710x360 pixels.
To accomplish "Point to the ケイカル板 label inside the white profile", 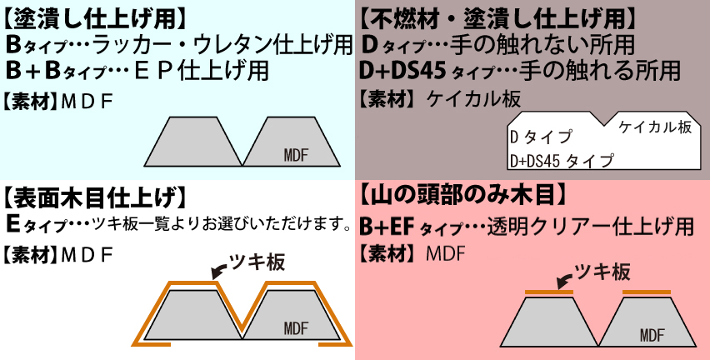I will pos(655,127).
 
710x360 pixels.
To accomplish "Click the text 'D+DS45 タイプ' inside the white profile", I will pos(561,158).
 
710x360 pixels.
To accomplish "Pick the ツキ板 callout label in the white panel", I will pos(258,262).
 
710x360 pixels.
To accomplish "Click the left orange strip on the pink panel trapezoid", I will pos(548,292).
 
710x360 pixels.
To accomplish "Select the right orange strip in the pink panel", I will pos(647,292).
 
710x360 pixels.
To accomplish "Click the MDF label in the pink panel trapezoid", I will pos(652,335).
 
